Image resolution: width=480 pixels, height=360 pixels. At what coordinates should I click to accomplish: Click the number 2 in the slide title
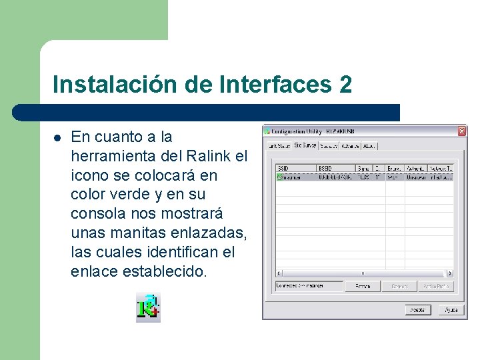(345, 85)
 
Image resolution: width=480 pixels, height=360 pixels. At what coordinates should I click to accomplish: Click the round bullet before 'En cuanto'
(57, 138)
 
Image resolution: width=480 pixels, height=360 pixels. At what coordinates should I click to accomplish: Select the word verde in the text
(129, 195)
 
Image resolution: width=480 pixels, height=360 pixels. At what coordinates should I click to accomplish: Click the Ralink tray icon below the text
(148, 307)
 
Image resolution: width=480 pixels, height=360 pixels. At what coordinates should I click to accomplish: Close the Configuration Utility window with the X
(461, 131)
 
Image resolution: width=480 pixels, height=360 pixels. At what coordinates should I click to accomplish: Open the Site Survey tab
(305, 145)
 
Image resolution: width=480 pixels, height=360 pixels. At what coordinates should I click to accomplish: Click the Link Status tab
(278, 145)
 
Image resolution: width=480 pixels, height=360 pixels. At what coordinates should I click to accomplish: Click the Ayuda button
(451, 310)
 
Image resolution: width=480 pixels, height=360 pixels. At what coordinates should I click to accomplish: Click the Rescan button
(363, 286)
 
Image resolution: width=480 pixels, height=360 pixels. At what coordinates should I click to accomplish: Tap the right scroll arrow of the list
(450, 273)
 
